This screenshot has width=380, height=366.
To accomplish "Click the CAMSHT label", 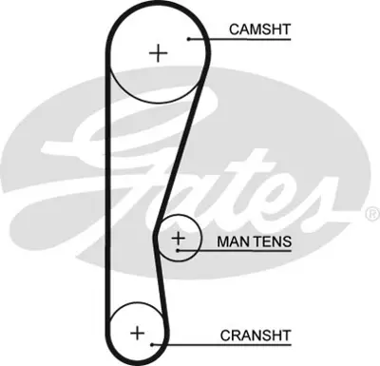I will point(259,30).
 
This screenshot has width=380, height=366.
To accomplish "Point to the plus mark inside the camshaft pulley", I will point(157,52).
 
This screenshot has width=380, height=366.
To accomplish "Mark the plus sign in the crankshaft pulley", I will point(137,333).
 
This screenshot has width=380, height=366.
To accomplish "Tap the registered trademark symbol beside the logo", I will point(371,216).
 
